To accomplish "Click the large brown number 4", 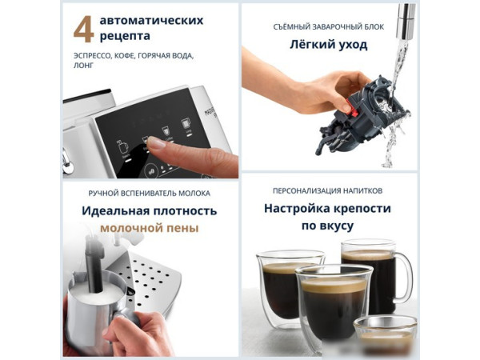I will tap(83, 30).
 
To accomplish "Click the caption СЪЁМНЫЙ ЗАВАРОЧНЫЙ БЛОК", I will tap(328, 26).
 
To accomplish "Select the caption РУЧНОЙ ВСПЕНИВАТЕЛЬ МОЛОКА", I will tap(150, 193).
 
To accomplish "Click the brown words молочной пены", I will tap(150, 228).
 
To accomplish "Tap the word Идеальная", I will tap(116, 210).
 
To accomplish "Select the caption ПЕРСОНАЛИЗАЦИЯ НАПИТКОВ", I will tap(328, 191).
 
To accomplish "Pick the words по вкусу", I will tap(328, 226).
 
